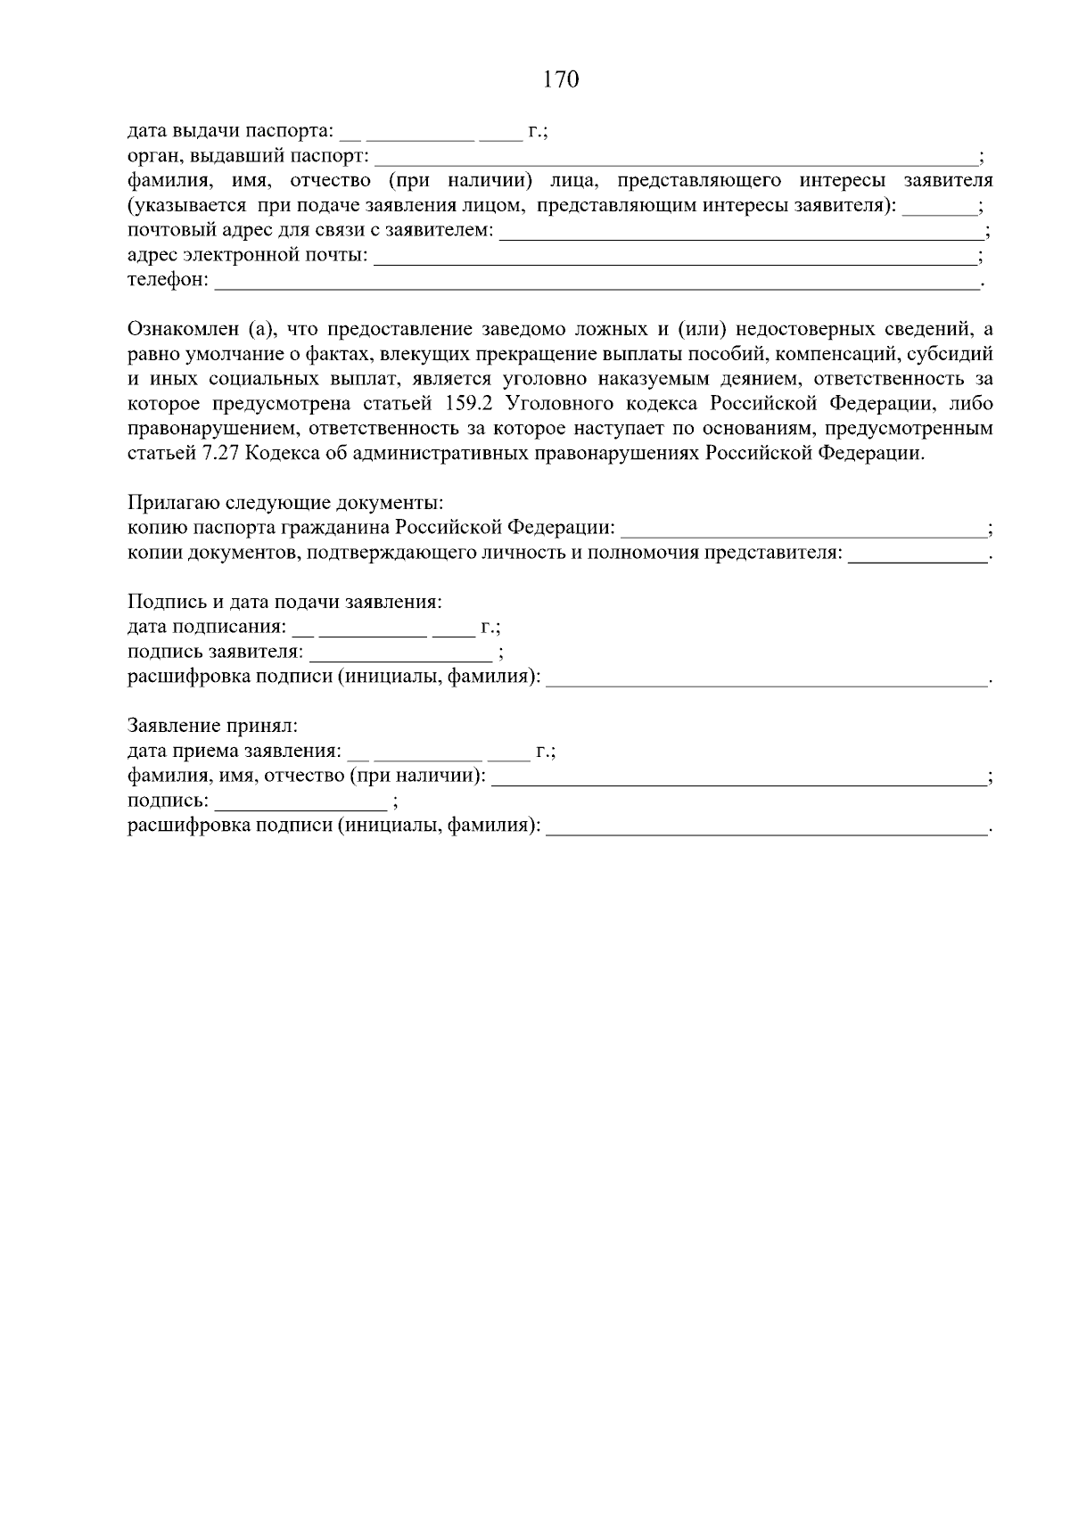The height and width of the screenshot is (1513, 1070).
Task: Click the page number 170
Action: [561, 80]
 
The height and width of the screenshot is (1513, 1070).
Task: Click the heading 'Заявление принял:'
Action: [213, 726]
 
